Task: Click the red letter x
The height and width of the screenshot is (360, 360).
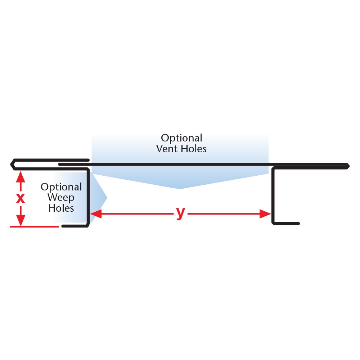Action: (x=21, y=198)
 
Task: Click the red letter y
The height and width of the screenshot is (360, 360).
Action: (x=180, y=213)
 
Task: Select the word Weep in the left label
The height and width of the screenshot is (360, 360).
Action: (x=61, y=198)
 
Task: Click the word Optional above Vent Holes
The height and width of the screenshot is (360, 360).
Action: (x=181, y=138)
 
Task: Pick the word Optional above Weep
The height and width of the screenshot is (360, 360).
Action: (x=61, y=187)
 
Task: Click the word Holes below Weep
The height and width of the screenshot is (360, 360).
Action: (x=61, y=208)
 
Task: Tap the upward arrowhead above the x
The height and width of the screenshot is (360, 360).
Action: (x=21, y=176)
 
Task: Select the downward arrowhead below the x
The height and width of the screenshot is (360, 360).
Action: (x=21, y=220)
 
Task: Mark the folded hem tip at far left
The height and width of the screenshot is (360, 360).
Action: (x=12, y=165)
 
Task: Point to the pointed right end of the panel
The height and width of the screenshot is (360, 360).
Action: (x=348, y=166)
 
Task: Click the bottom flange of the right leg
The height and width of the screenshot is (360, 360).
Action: (x=286, y=224)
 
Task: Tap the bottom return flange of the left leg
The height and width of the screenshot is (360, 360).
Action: (x=75, y=226)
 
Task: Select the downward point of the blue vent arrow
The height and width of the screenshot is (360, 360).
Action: (x=180, y=188)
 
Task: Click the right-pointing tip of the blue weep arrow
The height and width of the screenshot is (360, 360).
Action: (x=107, y=197)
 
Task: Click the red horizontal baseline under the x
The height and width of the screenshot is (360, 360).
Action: (x=34, y=227)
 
